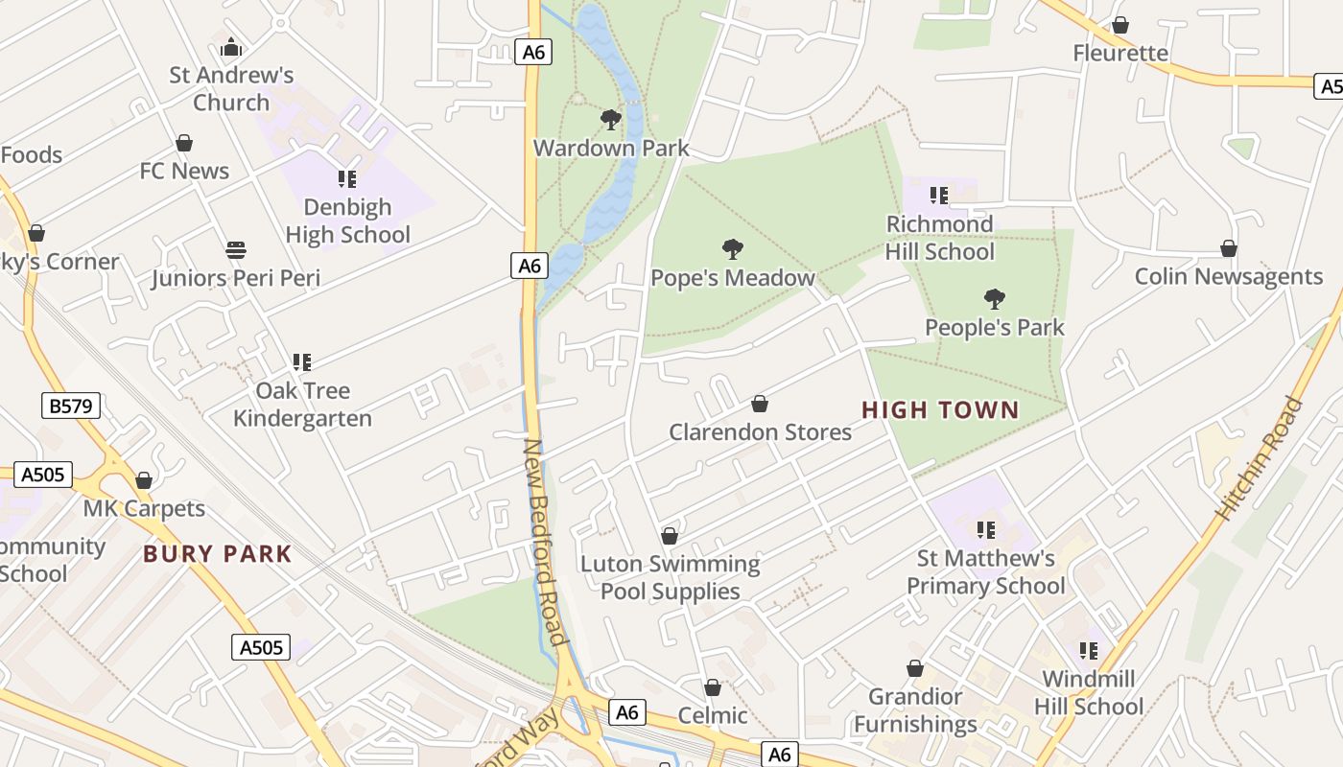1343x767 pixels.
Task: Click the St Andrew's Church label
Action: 231,88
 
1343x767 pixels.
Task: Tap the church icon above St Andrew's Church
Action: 231,47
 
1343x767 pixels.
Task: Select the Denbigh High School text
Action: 347,221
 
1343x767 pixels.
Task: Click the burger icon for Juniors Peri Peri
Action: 236,251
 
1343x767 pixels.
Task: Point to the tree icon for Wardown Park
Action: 610,120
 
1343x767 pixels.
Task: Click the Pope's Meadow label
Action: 733,278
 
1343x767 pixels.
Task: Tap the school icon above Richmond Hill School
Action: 939,196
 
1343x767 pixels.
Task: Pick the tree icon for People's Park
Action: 994,299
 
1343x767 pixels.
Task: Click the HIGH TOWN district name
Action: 940,410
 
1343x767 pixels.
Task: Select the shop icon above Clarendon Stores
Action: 760,404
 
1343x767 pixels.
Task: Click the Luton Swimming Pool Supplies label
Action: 671,577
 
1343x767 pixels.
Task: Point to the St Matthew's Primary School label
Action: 986,571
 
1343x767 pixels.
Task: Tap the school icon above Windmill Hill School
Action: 1089,651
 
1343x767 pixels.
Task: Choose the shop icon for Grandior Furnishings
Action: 915,668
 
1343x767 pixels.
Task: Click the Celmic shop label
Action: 713,715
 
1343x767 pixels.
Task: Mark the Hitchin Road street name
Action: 1260,458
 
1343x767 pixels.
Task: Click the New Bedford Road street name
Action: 544,543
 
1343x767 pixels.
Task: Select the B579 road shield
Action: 71,406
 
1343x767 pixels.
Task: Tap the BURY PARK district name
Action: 218,554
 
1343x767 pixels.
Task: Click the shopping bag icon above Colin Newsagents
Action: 1229,249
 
